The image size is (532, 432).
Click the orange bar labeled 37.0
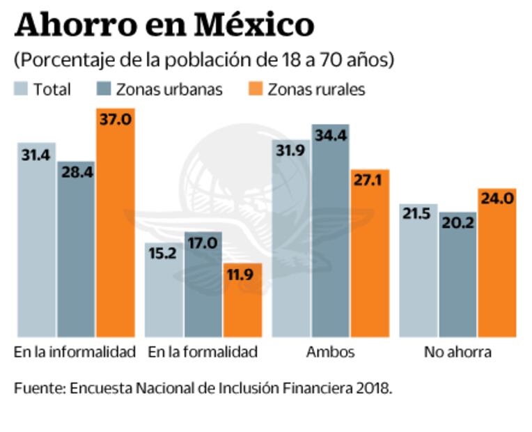click(x=115, y=223)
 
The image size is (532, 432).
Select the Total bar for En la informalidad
click(x=36, y=240)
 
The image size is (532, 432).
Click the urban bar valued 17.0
click(x=203, y=286)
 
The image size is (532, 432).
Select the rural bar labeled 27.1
click(x=370, y=254)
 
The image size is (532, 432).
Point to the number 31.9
click(x=290, y=151)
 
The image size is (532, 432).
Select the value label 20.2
click(x=457, y=224)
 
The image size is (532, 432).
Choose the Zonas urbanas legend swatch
click(x=104, y=89)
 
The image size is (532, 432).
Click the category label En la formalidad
click(x=202, y=352)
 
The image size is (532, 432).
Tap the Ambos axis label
click(x=330, y=352)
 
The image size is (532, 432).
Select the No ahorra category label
click(x=457, y=352)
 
